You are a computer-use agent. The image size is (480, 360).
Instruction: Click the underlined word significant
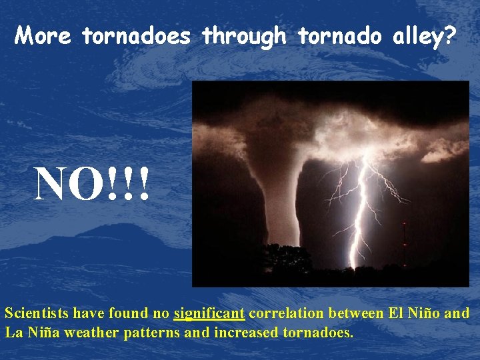tap(209, 313)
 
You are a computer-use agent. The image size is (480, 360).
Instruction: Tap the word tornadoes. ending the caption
tap(317, 332)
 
